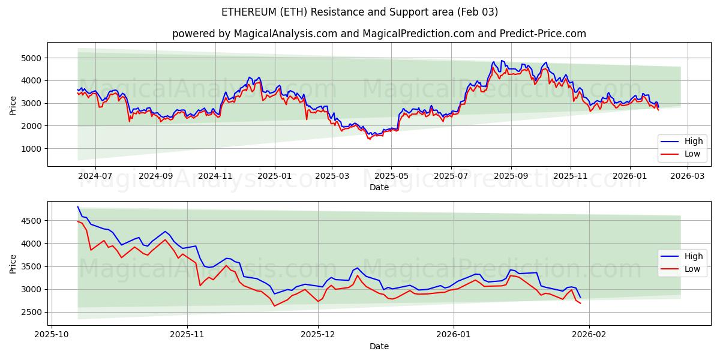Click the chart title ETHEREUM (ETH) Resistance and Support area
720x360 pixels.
(x=359, y=12)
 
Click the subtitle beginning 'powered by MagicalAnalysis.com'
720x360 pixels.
(x=379, y=34)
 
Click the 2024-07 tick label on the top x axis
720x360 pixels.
(x=95, y=176)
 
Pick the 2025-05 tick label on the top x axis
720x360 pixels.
(x=391, y=176)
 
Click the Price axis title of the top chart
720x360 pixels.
(x=13, y=105)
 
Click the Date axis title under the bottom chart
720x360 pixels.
(x=379, y=346)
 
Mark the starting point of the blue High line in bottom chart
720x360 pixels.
(x=78, y=207)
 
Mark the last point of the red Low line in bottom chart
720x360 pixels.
(x=580, y=303)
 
